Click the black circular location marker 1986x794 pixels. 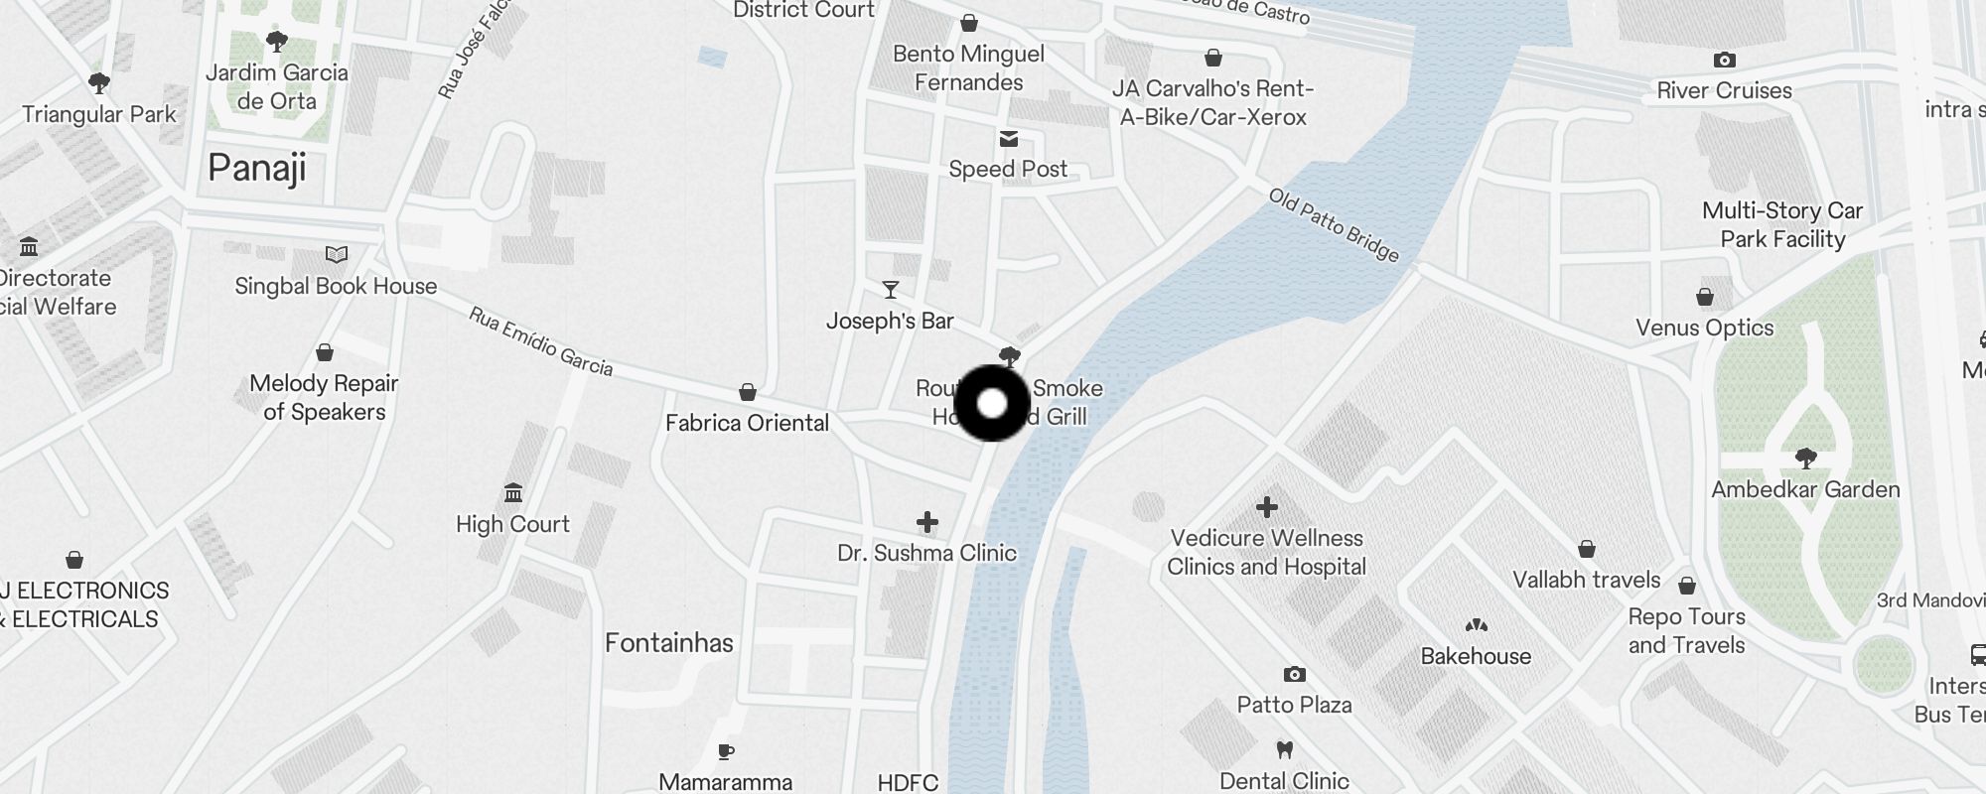(992, 403)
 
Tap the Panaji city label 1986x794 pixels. (257, 168)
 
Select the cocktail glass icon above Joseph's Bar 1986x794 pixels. (891, 290)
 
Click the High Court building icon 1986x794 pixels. (513, 492)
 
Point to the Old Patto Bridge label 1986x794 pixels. (1334, 226)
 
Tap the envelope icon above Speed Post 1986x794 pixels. (1009, 139)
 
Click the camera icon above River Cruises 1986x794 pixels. (1725, 61)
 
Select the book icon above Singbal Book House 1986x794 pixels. (337, 255)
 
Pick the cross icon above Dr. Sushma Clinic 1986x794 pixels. (927, 522)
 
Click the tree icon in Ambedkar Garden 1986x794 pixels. (1806, 458)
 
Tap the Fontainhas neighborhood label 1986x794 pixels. (669, 643)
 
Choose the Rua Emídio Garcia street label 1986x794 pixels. (541, 341)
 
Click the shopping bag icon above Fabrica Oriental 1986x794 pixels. (748, 393)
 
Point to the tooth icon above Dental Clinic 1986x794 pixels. (1284, 750)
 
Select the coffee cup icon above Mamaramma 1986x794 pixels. (726, 751)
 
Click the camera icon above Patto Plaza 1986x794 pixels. (1294, 675)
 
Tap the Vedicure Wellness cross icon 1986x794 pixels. (1267, 507)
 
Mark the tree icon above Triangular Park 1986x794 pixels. (98, 82)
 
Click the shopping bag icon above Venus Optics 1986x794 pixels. (1705, 297)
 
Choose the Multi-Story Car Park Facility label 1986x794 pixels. (1782, 224)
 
